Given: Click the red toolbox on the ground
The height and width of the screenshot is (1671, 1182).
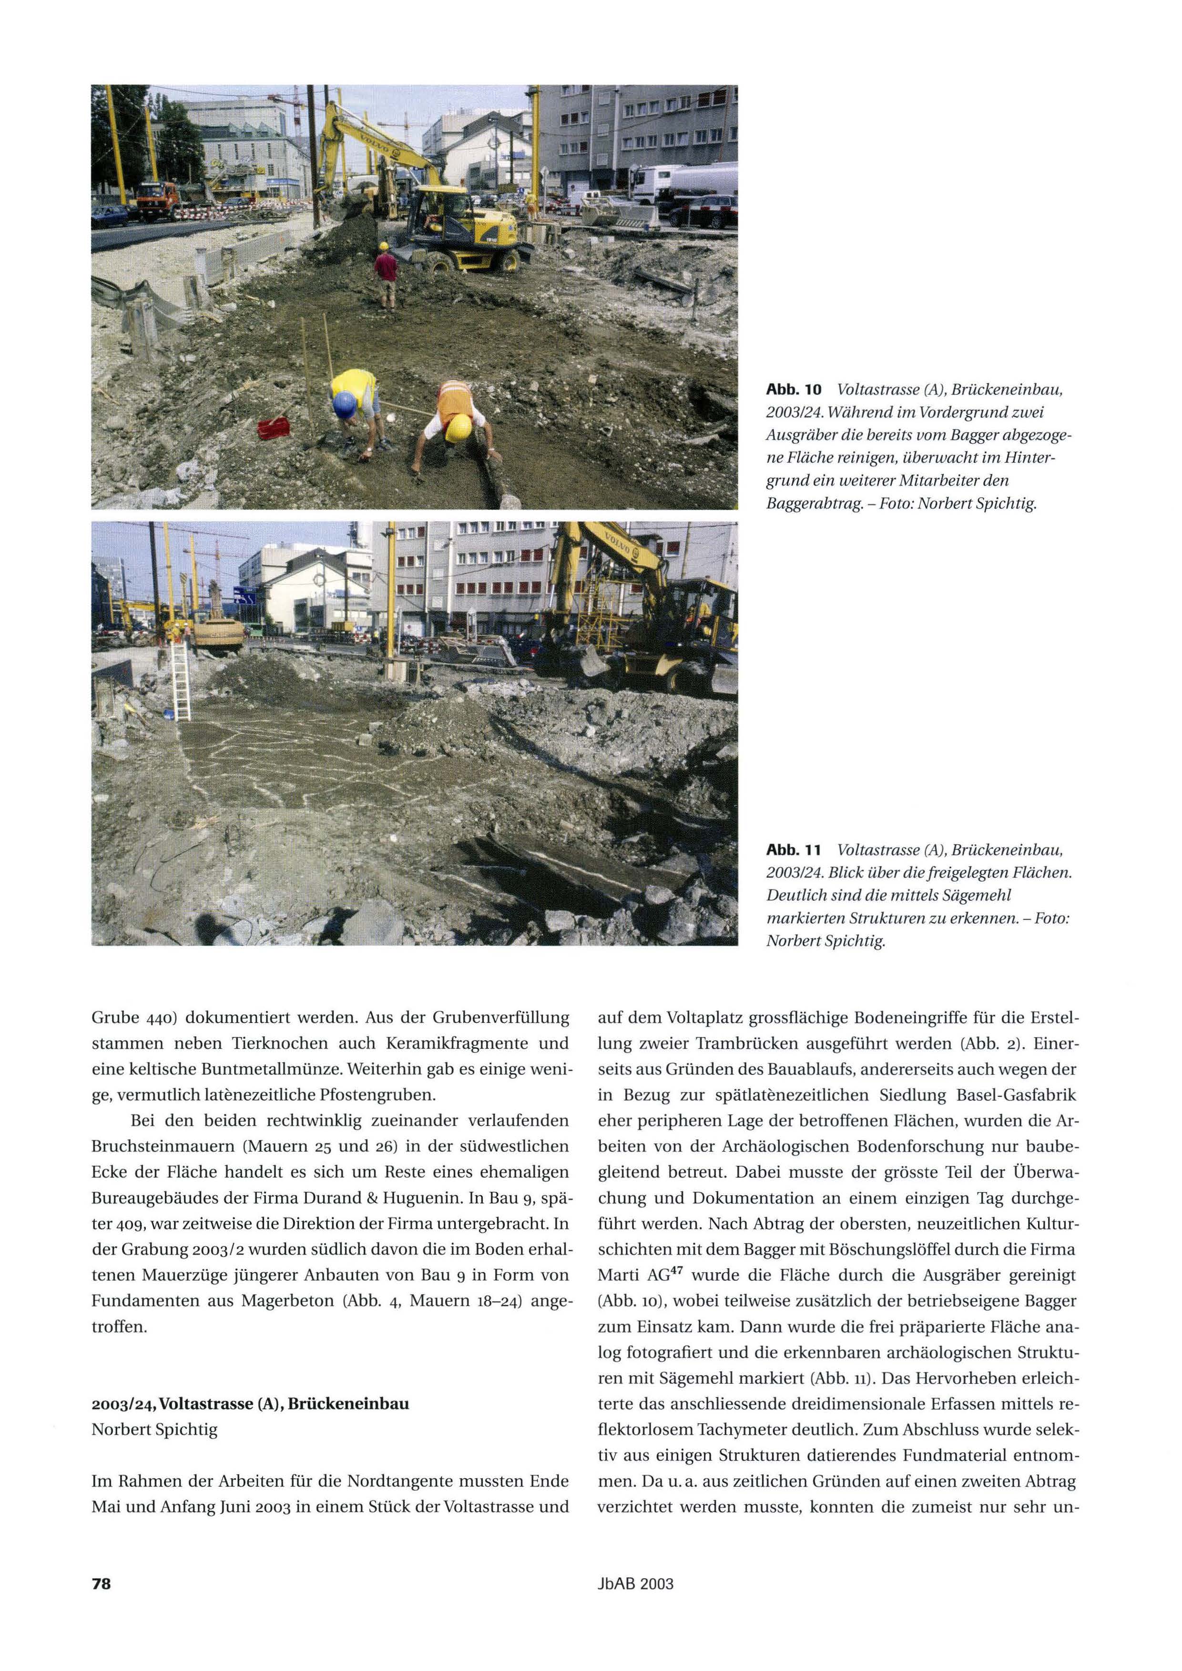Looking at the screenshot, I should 274,427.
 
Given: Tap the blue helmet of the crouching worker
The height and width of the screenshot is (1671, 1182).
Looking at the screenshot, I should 344,404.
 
